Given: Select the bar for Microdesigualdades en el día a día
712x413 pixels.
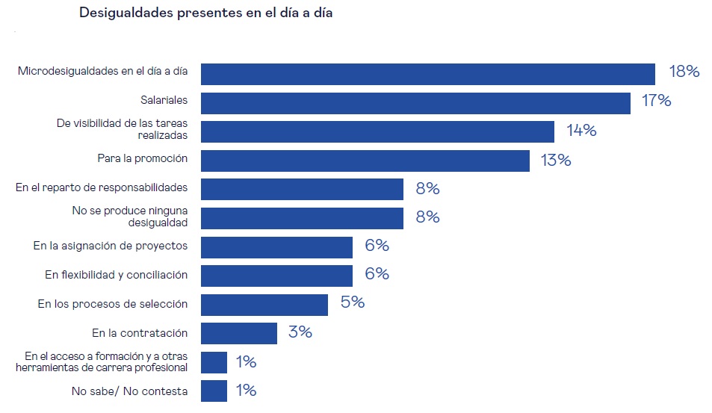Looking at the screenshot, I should tap(428, 73).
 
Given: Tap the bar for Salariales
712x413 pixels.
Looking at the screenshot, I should tap(416, 102).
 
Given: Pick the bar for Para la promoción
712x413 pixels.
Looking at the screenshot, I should tap(365, 160).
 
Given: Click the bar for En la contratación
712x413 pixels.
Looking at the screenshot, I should tap(239, 333).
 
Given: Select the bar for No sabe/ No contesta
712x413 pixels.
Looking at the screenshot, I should tap(214, 391).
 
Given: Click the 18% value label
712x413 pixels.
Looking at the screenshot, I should tap(684, 72).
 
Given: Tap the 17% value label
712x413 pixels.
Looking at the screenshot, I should tap(656, 101).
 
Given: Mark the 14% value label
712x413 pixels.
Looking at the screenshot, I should tap(581, 131).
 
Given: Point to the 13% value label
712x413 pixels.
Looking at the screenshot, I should tap(555, 160).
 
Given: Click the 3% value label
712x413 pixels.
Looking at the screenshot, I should tap(300, 332).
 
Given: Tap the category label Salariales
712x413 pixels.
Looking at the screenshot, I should tap(164, 99).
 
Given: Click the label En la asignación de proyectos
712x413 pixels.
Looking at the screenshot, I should tap(111, 246).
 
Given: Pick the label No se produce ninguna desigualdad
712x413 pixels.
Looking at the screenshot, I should tap(130, 217).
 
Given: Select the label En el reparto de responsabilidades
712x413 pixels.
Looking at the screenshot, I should tap(102, 187).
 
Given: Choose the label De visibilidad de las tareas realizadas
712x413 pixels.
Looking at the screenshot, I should tap(122, 129).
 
